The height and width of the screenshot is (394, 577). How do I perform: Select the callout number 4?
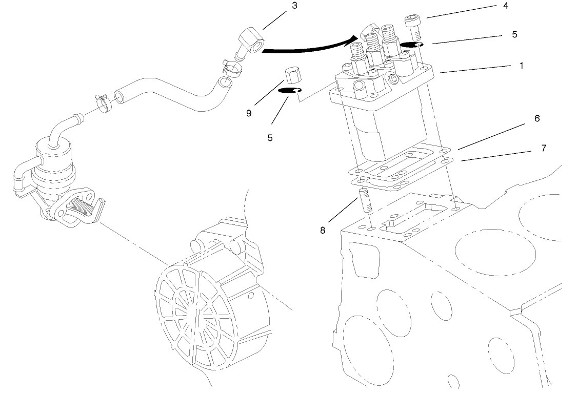(506, 7)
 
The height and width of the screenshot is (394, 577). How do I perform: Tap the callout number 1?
(522, 66)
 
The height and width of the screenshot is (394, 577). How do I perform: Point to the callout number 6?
(537, 118)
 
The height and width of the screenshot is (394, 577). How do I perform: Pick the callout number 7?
(544, 149)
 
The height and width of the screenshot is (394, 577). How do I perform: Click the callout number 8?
(323, 231)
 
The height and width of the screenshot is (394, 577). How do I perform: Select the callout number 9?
(249, 113)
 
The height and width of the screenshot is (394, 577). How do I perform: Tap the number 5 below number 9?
(270, 138)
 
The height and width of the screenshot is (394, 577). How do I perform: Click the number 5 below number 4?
(514, 34)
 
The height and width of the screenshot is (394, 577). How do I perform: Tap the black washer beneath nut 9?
(288, 91)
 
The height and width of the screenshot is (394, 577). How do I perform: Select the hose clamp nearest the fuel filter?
(104, 103)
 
